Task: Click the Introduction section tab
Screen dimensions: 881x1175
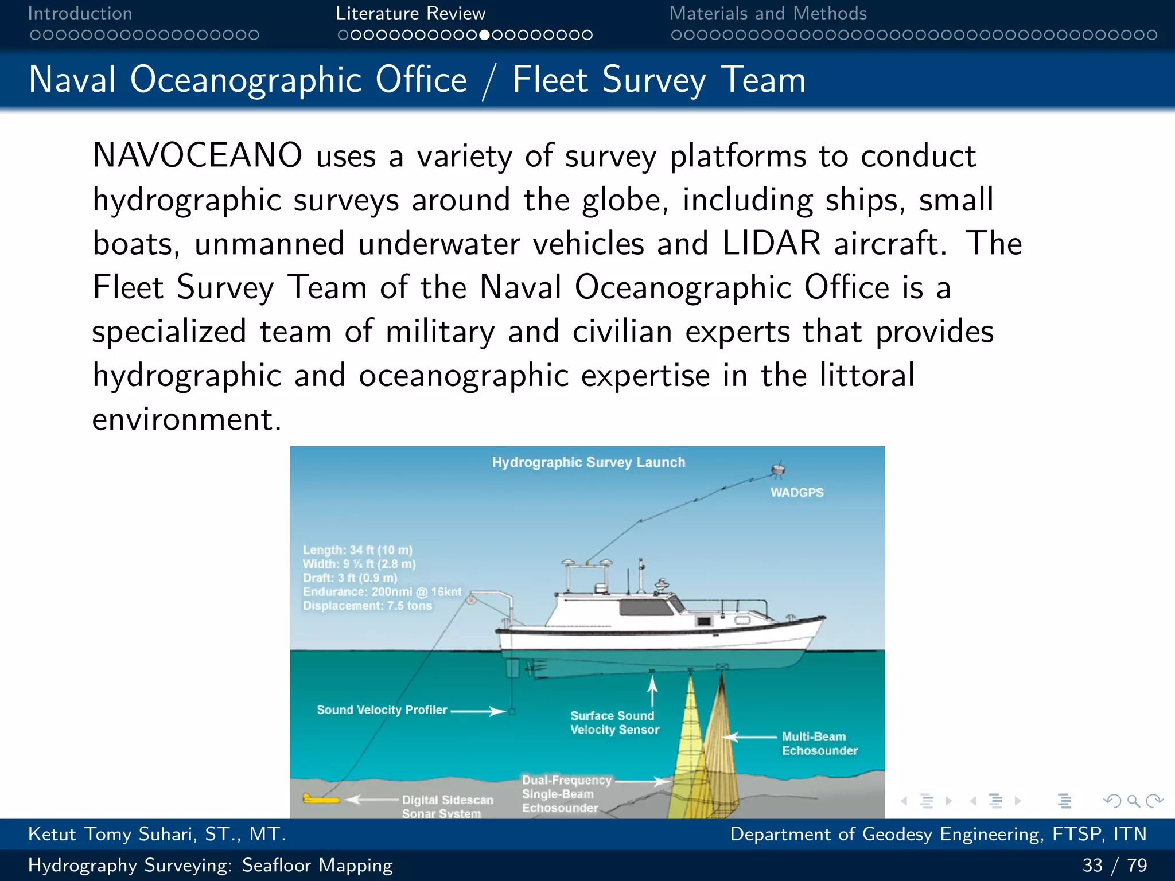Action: (80, 13)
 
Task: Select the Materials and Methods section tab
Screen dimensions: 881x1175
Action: (768, 13)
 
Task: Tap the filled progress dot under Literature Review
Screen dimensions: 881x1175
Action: (485, 35)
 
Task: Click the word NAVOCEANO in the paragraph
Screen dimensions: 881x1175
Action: (197, 156)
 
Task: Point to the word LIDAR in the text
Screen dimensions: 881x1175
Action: (771, 243)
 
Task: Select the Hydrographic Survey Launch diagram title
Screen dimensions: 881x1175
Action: (589, 462)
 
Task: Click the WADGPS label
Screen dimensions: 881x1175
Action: (796, 492)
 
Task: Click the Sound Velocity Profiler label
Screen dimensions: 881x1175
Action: (382, 710)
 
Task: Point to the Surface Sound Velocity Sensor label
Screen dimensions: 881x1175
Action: (614, 723)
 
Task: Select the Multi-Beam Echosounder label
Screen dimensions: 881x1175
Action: (819, 743)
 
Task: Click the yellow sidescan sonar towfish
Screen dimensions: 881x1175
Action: (320, 799)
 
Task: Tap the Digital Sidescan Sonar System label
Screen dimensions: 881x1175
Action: (447, 806)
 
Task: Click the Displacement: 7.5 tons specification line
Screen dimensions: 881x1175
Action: (367, 606)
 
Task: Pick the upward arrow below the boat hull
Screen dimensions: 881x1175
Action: (652, 691)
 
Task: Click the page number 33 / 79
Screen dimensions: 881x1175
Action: (1114, 865)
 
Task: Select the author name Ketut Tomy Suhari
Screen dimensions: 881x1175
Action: (156, 834)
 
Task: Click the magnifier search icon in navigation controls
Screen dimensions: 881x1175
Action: (1133, 801)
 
